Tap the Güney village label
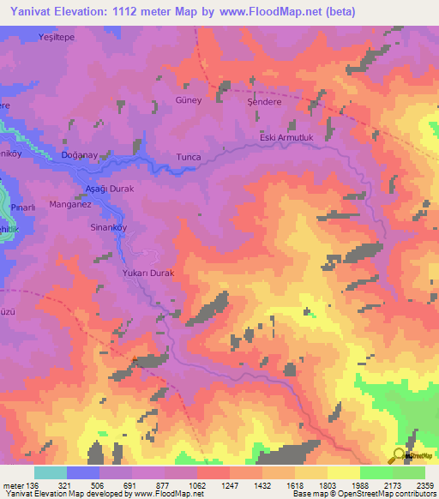(x=188, y=100)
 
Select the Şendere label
(x=265, y=100)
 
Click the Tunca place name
(x=188, y=158)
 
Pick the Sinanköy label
(x=109, y=229)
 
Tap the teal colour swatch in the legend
(x=51, y=472)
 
